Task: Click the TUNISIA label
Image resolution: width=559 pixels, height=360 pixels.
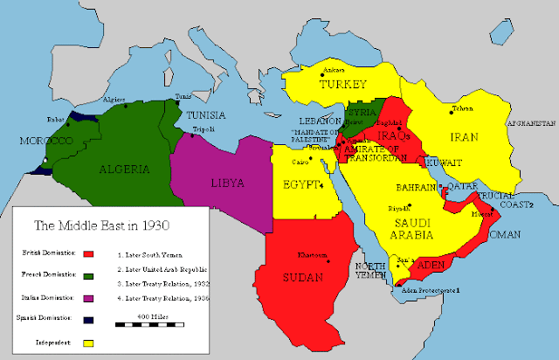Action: click(x=204, y=116)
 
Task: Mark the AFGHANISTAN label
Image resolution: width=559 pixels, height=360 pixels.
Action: click(x=528, y=123)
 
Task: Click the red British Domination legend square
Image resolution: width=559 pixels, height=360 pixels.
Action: click(x=87, y=255)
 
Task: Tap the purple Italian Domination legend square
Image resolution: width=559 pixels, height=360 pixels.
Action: click(x=87, y=298)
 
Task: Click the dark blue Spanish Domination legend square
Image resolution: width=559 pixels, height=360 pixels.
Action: click(x=87, y=319)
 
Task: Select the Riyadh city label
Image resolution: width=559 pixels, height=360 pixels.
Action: click(x=399, y=209)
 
